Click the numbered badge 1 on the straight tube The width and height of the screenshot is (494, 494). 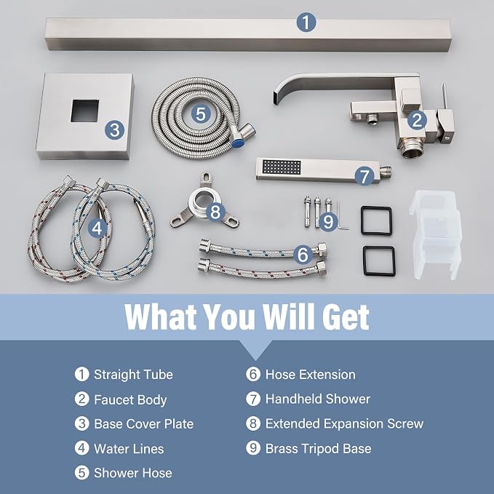point(306,23)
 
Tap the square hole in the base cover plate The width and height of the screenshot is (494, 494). point(84,111)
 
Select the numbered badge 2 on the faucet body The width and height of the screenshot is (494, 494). point(417,120)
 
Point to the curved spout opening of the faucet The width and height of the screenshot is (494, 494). point(276,97)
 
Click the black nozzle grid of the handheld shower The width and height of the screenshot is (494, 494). point(282,167)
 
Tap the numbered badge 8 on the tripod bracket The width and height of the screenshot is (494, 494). point(215,212)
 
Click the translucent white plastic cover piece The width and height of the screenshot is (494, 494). point(435,234)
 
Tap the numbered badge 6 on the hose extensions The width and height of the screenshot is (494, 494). point(303,254)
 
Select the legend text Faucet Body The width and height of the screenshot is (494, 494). point(130,400)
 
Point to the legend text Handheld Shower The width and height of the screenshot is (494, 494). point(317,399)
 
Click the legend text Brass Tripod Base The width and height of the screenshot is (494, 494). point(318,449)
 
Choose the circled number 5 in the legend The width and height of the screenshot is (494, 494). point(81,473)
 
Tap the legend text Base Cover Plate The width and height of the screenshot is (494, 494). point(143,424)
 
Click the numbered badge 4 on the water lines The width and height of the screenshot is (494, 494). point(97,228)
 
